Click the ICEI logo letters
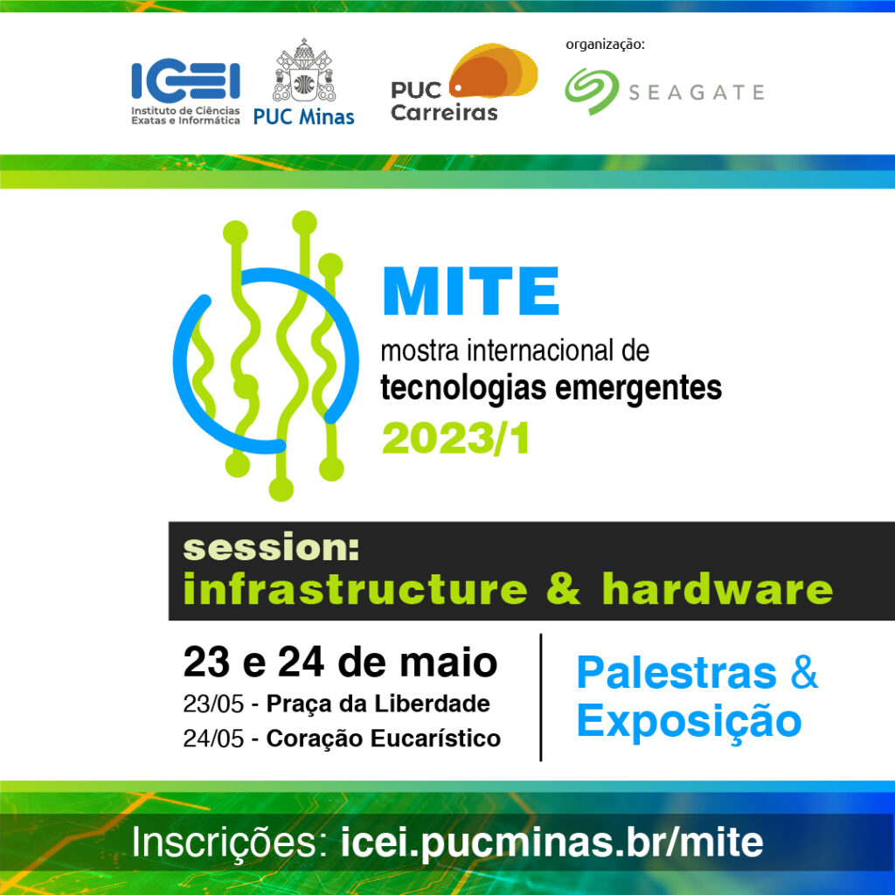point(185,81)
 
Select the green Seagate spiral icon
point(590,92)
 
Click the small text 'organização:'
point(605,44)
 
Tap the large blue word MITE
point(470,292)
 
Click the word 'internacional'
point(534,352)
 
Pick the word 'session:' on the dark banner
point(271,548)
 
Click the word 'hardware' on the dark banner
point(717,590)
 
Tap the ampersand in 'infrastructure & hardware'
point(564,590)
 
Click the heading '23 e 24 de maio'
point(340,663)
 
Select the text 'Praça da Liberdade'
point(378,704)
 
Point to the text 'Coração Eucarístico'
point(383,739)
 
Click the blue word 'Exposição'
point(689,721)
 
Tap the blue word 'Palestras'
point(676,673)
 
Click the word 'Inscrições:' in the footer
point(229,843)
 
